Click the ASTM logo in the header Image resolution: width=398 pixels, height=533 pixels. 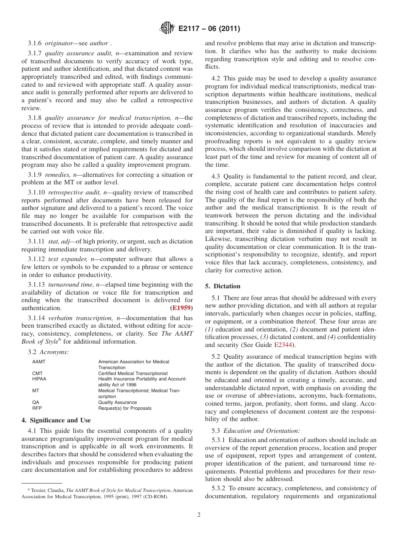pos(167,29)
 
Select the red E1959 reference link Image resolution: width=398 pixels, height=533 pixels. pos(181,308)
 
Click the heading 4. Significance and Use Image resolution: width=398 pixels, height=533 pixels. pos(56,420)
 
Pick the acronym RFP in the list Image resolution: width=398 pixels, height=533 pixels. pos(37,408)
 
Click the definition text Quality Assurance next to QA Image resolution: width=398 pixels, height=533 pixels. pos(117,402)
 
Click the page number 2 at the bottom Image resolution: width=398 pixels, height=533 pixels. pos(199,515)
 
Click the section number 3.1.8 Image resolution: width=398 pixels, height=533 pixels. pos(35,118)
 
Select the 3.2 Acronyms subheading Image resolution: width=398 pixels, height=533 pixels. pos(48,352)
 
